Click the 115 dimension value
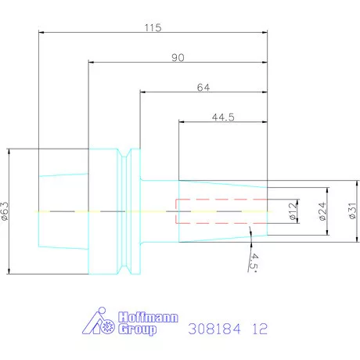pos(153,27)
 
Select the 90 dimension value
pos(178,58)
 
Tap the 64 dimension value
pos(203,88)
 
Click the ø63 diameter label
pos(5,211)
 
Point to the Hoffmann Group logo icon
pos(99,323)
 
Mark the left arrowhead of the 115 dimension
pos(41,32)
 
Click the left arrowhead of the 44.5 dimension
pos(182,121)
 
